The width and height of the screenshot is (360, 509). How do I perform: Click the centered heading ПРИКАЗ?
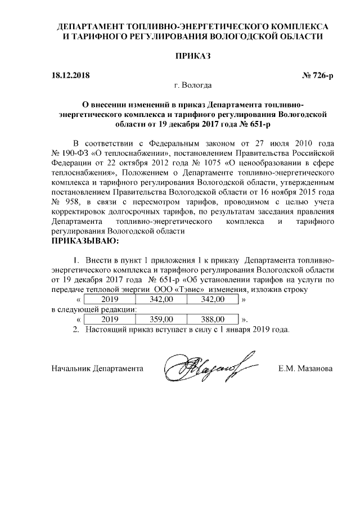193,56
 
